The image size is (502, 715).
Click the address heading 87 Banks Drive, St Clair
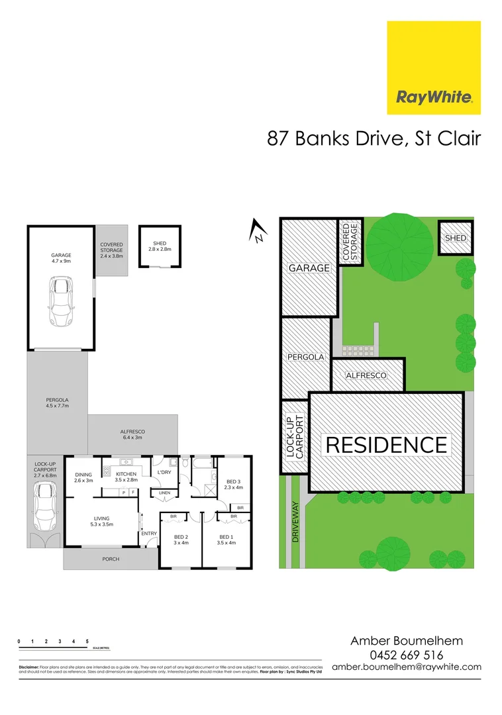[x=374, y=138]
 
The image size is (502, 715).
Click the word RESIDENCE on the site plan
[x=386, y=444]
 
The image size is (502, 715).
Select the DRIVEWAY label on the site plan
[x=295, y=522]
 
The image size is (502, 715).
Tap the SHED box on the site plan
[x=456, y=238]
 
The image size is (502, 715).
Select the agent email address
[x=406, y=667]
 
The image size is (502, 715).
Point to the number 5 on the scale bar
[x=87, y=642]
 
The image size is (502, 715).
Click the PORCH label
[x=111, y=559]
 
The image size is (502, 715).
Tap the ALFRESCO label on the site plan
[x=366, y=375]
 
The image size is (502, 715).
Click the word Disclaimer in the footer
[x=28, y=667]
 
